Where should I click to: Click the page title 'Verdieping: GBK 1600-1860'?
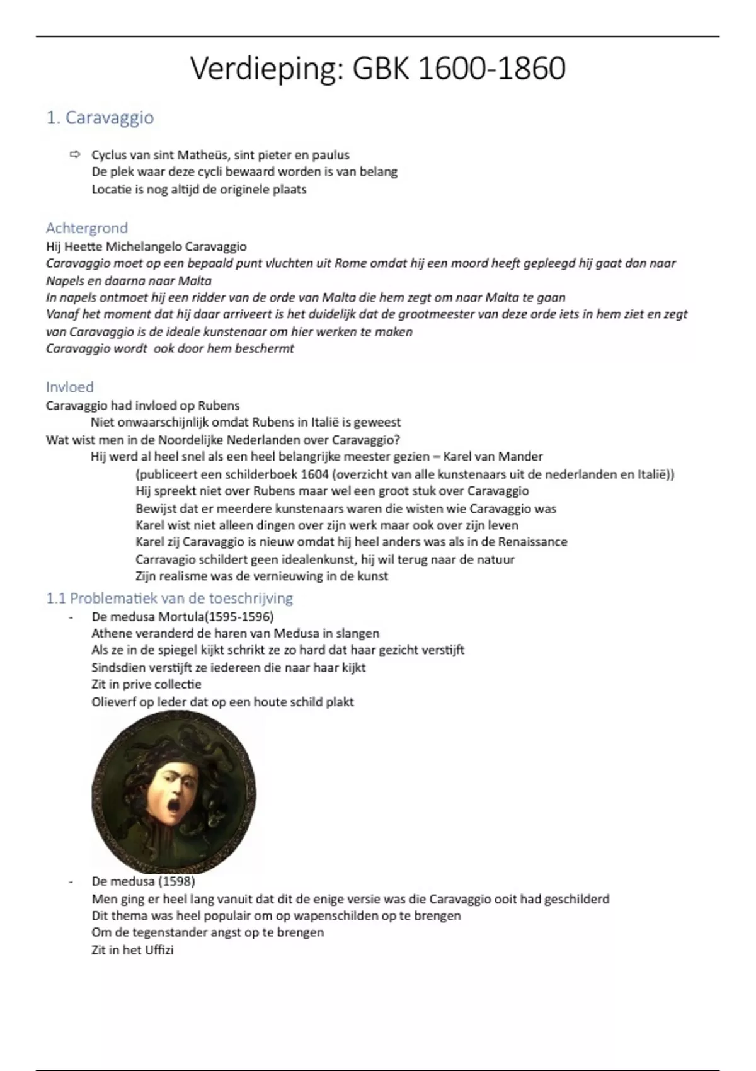pyautogui.click(x=377, y=68)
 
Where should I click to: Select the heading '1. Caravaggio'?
pyautogui.click(x=100, y=118)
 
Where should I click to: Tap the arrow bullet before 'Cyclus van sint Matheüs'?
pyautogui.click(x=76, y=154)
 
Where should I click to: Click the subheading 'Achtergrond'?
pyautogui.click(x=86, y=227)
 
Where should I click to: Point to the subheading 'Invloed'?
pyautogui.click(x=69, y=387)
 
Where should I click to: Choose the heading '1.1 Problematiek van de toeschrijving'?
pyautogui.click(x=169, y=598)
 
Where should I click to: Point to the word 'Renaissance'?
pyautogui.click(x=532, y=542)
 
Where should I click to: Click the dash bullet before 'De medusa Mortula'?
pyautogui.click(x=71, y=617)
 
